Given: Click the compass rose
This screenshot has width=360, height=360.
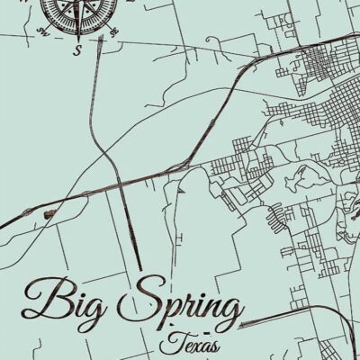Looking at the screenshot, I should coord(78,11).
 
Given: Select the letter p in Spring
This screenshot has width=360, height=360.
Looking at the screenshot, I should coord(169,306).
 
